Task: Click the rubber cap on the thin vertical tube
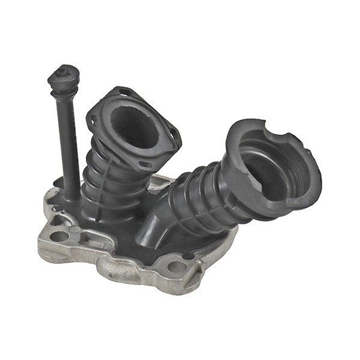63,76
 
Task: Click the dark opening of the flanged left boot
135,126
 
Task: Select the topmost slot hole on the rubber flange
124,92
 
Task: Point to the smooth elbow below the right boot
153,228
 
